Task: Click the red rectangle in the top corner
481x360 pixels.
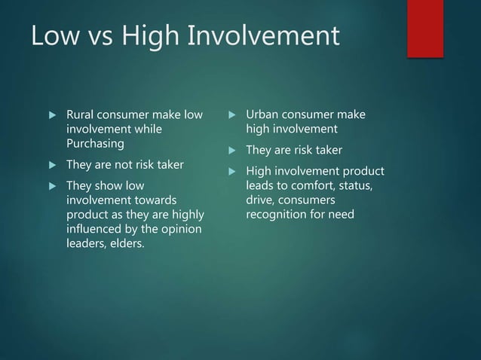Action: pos(425,27)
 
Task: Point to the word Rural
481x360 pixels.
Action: pos(82,115)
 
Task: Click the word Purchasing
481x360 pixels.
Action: pos(96,143)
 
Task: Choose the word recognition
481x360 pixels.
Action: pos(280,215)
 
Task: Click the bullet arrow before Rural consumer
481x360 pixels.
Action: pos(52,116)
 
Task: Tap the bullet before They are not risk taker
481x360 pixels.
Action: pos(52,165)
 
